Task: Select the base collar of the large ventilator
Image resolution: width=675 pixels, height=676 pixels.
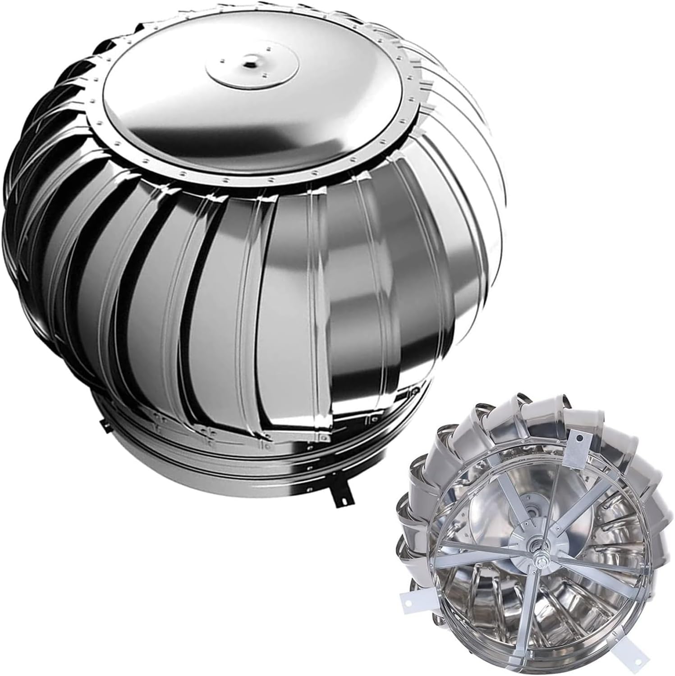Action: pos(225,455)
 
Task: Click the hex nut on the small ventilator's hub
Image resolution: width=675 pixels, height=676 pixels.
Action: pos(540,561)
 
